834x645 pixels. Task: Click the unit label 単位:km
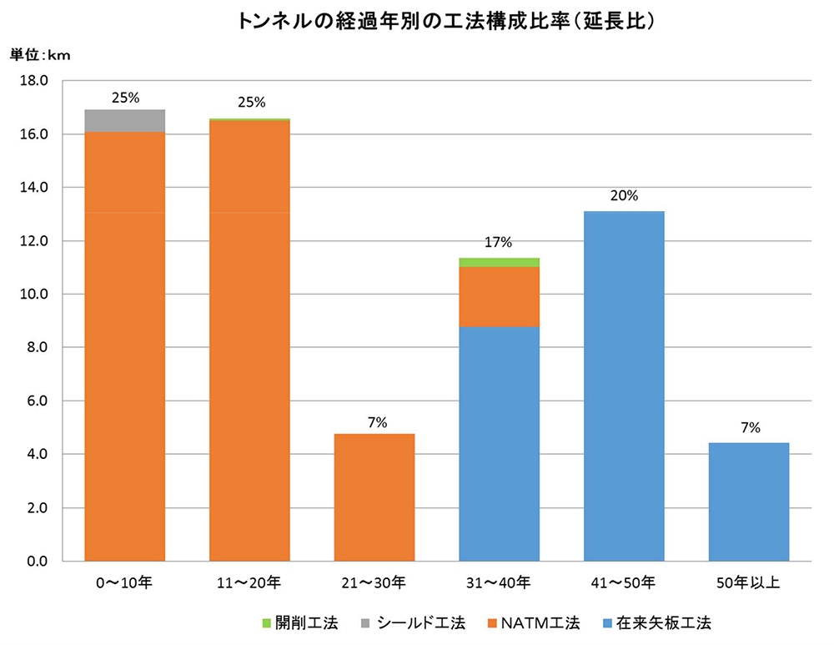(41, 56)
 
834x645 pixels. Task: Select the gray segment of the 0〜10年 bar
(125, 121)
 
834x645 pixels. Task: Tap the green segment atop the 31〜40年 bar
(499, 262)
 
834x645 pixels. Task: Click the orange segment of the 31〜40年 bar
(499, 296)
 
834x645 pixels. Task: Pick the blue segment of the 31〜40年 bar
(499, 442)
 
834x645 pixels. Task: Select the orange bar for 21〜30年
(374, 496)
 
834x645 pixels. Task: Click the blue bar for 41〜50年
(624, 385)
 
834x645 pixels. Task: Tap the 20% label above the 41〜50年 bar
(624, 196)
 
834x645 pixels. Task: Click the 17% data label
(499, 243)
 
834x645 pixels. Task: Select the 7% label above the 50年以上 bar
(748, 428)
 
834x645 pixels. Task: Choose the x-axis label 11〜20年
(249, 582)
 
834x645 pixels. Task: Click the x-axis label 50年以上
(748, 582)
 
